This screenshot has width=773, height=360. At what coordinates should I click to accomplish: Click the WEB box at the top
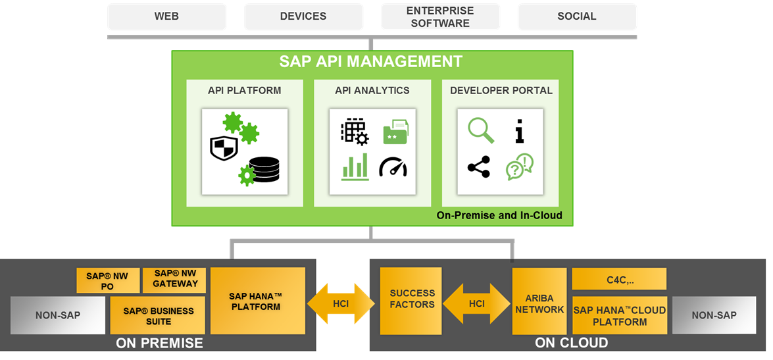(166, 16)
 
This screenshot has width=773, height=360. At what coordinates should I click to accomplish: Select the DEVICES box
(303, 16)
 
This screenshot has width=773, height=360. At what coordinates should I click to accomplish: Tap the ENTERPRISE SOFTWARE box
(440, 17)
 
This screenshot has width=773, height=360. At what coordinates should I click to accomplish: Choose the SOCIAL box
(576, 16)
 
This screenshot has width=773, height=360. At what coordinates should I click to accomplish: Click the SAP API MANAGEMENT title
(371, 62)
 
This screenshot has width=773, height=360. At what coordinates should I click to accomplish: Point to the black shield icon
(224, 148)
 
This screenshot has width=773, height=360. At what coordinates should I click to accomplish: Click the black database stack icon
(263, 170)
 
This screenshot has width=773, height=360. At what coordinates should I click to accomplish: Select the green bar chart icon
(355, 167)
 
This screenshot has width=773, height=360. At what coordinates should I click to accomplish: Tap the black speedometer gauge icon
(393, 167)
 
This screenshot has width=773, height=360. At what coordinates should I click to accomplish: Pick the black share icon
(479, 167)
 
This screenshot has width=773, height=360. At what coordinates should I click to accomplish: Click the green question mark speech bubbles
(519, 167)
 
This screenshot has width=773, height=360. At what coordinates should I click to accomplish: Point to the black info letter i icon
(520, 130)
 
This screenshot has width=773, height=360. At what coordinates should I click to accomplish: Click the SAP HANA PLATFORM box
(257, 301)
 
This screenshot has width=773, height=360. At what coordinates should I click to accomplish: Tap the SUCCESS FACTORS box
(412, 299)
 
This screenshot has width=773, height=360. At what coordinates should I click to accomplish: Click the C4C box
(619, 279)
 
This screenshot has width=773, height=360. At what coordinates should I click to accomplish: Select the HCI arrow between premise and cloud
(340, 303)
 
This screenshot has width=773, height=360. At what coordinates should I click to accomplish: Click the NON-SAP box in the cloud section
(714, 315)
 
